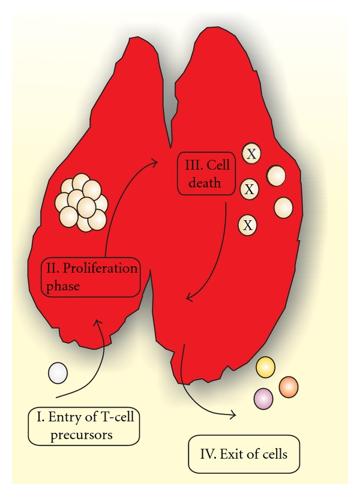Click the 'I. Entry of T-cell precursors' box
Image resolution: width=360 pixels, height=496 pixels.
[x=83, y=425]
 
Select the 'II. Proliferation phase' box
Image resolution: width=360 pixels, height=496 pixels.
[x=90, y=276]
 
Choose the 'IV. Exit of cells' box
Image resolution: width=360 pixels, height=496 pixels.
[x=244, y=453]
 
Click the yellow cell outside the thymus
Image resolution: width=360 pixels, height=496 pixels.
[x=265, y=367]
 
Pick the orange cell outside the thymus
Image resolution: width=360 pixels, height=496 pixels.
[x=289, y=386]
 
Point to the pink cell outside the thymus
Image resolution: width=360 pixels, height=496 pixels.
[x=263, y=398]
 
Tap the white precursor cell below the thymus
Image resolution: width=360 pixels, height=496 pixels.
[x=58, y=374]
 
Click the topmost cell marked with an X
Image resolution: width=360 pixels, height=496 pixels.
[x=252, y=154]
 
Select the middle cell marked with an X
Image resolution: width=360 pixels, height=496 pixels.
[x=250, y=190]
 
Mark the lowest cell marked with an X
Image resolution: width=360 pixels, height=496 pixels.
[x=248, y=226]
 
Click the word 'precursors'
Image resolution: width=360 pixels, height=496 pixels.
[x=83, y=434]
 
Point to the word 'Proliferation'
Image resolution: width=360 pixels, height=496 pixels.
[x=99, y=268]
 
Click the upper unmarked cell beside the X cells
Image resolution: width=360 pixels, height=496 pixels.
[x=277, y=175]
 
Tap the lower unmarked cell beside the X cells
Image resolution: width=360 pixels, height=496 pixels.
[x=283, y=208]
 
